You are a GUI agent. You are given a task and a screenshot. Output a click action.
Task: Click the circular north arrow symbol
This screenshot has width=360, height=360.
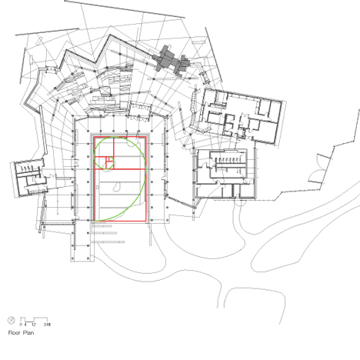tap(11, 320)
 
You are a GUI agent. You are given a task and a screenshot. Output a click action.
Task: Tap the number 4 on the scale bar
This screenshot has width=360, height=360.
tap(25, 325)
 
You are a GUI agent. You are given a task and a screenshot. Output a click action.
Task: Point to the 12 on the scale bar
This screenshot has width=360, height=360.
tap(34, 325)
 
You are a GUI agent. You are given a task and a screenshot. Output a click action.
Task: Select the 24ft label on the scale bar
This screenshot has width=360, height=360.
tap(47, 325)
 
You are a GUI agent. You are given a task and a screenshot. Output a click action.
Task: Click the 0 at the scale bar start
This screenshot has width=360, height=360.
tap(21, 325)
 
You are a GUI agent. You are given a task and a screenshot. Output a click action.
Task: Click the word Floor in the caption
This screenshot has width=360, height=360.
tap(14, 333)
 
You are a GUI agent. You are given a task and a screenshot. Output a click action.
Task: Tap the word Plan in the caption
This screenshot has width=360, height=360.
tap(28, 333)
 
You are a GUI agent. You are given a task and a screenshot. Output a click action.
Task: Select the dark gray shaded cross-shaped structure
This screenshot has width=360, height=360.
tap(172, 61)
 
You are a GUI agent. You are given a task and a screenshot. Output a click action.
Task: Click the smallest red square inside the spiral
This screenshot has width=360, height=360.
tap(109, 159)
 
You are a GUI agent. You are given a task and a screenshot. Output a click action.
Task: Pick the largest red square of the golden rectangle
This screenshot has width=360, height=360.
tap(120, 195)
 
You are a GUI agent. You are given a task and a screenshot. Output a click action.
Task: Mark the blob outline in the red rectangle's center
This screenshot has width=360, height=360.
tap(117, 187)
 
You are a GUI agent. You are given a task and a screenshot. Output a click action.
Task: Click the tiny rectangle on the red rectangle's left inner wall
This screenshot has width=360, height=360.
tap(98, 188)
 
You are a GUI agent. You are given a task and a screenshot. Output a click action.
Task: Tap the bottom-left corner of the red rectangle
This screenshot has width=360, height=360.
tap(94, 221)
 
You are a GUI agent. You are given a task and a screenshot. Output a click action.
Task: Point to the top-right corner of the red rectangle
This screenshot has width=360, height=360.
tap(146, 137)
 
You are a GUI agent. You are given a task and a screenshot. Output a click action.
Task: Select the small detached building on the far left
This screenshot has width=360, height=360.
tap(28, 178)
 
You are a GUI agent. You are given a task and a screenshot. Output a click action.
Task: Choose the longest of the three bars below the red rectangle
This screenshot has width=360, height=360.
tap(108, 242)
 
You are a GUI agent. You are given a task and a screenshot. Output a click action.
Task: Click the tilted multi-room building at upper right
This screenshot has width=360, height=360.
tap(241, 115)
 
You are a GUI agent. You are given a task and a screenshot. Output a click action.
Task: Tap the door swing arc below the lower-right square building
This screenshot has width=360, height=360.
tap(241, 202)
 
